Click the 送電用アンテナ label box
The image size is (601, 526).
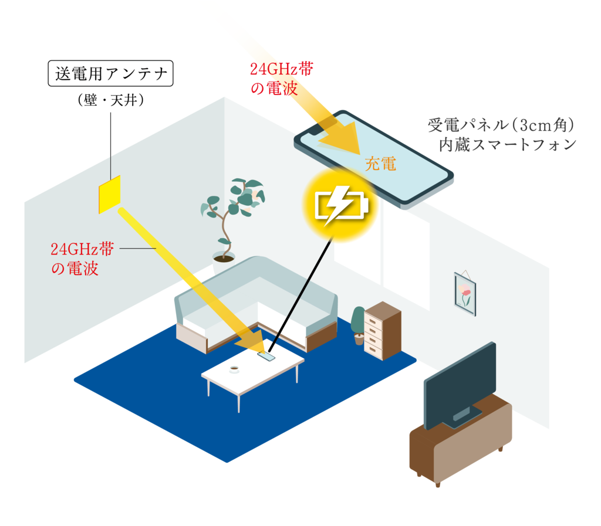click(110, 74)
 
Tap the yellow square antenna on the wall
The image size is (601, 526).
click(109, 194)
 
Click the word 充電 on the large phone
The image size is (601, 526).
click(380, 164)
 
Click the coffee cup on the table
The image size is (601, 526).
click(234, 369)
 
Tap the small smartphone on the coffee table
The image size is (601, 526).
click(267, 355)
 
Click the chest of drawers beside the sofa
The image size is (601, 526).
click(382, 330)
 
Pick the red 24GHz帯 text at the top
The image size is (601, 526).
click(281, 69)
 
